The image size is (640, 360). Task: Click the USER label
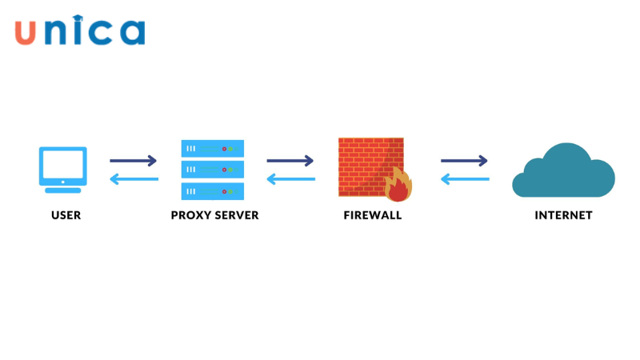(x=66, y=215)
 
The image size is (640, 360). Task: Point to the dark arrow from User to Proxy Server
(x=134, y=161)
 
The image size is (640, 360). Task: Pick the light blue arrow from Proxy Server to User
(x=134, y=179)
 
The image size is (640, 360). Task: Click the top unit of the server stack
(x=212, y=148)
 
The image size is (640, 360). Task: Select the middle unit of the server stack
(x=212, y=170)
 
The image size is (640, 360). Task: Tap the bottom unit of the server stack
(x=212, y=190)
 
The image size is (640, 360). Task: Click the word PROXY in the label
(x=190, y=215)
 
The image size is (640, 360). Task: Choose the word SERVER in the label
(x=236, y=215)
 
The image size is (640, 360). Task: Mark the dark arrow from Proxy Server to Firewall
(x=290, y=161)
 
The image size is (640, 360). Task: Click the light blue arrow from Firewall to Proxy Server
(x=290, y=179)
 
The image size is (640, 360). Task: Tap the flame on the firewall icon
(x=398, y=186)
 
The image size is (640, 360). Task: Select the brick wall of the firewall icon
(x=364, y=160)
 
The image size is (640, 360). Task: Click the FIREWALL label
(x=373, y=215)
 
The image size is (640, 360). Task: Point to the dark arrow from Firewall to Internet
(x=465, y=161)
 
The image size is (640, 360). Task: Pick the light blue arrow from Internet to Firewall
(x=465, y=179)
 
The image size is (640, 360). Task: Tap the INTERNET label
(x=563, y=215)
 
